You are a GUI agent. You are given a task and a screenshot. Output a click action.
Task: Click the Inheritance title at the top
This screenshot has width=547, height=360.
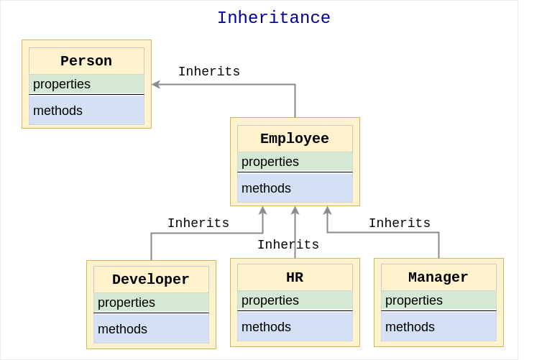(274, 17)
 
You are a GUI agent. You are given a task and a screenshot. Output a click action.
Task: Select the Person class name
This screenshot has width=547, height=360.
(86, 61)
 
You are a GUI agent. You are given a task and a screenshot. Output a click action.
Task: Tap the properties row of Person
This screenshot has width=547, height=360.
(86, 84)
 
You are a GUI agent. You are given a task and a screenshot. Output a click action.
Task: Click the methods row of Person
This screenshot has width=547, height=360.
(86, 110)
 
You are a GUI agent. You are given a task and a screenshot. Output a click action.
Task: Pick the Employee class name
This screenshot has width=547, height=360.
(295, 139)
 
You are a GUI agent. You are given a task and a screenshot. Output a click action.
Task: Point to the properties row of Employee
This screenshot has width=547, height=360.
(295, 162)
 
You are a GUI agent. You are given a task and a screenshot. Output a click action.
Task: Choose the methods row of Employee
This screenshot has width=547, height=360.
(295, 188)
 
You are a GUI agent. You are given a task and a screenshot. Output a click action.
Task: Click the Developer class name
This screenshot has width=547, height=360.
(151, 280)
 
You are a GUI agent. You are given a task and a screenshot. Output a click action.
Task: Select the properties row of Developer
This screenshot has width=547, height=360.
(152, 303)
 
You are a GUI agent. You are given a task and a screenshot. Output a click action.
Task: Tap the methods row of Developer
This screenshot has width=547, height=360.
(152, 328)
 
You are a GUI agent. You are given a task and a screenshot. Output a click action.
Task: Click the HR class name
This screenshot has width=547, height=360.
(295, 277)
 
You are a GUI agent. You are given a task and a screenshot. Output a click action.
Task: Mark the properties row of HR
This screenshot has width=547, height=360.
(295, 300)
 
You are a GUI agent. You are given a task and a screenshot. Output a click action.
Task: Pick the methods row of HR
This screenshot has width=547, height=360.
(295, 326)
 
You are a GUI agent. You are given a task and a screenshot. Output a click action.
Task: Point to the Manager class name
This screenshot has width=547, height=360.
(438, 277)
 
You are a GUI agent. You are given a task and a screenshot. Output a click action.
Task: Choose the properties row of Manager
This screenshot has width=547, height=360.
(439, 300)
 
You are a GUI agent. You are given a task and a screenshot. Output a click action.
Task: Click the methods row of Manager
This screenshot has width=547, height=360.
(439, 326)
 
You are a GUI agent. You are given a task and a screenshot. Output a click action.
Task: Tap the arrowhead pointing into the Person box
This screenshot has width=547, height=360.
(156, 84)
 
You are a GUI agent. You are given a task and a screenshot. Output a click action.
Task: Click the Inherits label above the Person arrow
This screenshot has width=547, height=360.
(209, 72)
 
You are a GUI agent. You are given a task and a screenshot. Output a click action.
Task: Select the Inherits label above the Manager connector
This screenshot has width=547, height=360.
(400, 223)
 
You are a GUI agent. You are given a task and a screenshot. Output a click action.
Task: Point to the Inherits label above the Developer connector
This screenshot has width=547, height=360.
(198, 223)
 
